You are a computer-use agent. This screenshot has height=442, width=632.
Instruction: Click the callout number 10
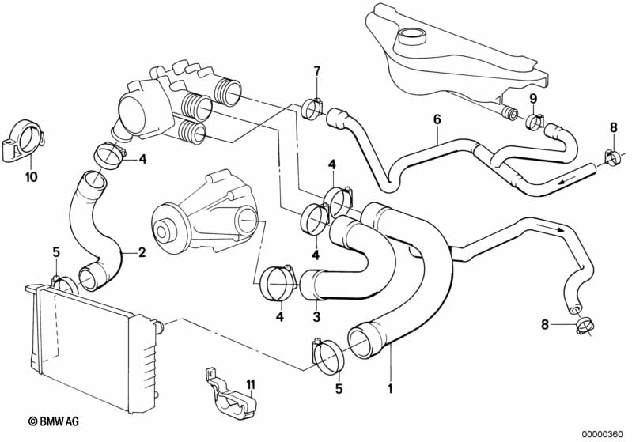31,176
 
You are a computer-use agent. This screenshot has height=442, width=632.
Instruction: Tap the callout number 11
251,385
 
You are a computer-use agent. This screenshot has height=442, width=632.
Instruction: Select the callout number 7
317,72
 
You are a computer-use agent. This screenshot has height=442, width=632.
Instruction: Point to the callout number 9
533,98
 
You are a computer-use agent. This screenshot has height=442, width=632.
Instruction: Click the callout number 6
437,119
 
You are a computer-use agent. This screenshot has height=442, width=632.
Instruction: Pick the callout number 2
142,253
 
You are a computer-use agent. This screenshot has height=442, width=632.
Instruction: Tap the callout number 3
316,317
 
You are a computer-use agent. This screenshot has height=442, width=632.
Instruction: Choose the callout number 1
390,388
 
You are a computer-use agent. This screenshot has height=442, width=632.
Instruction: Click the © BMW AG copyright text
54,422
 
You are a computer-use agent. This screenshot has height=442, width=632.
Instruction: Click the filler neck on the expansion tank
411,36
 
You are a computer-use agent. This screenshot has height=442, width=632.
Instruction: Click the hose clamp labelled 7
312,109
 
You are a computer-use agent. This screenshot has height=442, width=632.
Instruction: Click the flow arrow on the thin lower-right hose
554,229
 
